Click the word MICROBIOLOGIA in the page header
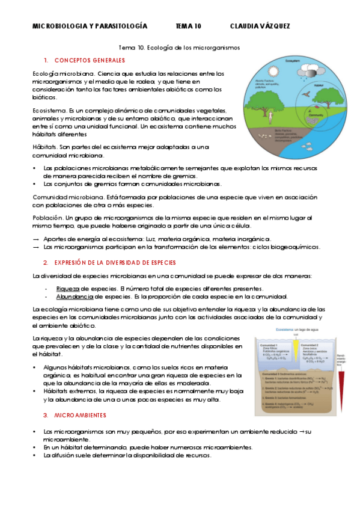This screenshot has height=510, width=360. (x=58, y=26)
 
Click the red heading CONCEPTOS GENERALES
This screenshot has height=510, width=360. (x=90, y=61)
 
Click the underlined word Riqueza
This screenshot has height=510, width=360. (x=68, y=288)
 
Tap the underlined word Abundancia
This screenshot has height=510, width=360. (x=74, y=296)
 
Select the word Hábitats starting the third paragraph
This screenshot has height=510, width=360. (x=46, y=147)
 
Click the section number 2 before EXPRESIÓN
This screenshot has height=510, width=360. (x=46, y=263)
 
